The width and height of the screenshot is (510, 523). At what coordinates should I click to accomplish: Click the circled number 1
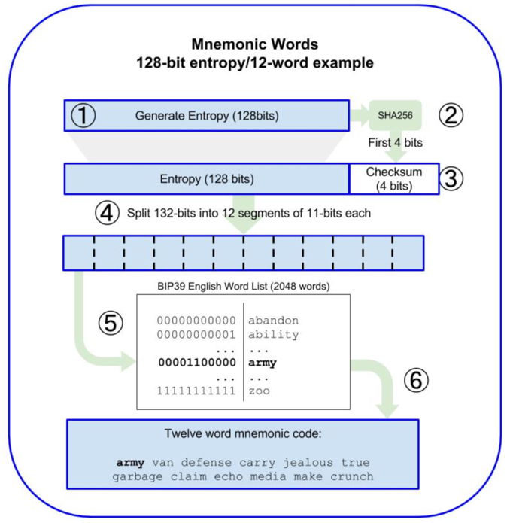pyautogui.click(x=83, y=116)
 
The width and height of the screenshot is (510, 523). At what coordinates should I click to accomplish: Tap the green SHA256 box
pyautogui.click(x=395, y=116)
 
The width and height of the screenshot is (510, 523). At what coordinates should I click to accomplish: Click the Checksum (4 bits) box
pyautogui.click(x=393, y=179)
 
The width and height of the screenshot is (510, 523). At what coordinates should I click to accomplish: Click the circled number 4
pyautogui.click(x=107, y=214)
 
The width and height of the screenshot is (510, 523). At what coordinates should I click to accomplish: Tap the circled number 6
pyautogui.click(x=415, y=380)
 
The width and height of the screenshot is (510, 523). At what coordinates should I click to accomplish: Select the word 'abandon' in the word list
pyautogui.click(x=273, y=321)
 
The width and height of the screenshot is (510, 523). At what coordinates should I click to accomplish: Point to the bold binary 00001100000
pyautogui.click(x=196, y=363)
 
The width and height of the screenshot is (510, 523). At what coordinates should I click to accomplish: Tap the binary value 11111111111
pyautogui.click(x=196, y=391)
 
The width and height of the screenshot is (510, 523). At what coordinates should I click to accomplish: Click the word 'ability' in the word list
pyautogui.click(x=273, y=334)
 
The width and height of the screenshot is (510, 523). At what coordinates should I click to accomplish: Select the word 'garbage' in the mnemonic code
pyautogui.click(x=138, y=476)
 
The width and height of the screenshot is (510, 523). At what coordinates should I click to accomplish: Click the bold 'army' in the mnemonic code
pyautogui.click(x=130, y=462)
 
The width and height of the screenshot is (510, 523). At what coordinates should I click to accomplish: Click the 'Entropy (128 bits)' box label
pyautogui.click(x=207, y=179)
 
